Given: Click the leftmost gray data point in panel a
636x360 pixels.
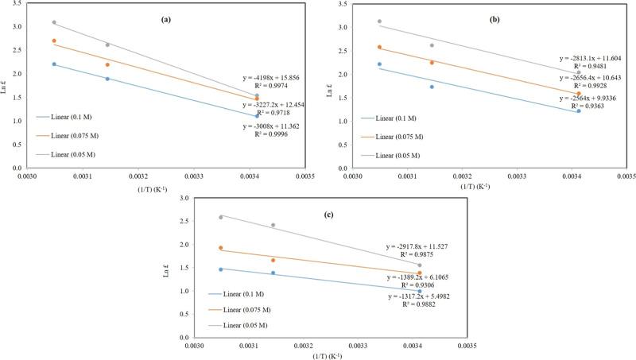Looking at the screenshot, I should [54, 22].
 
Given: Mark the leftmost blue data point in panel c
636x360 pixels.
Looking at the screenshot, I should [221, 269].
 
